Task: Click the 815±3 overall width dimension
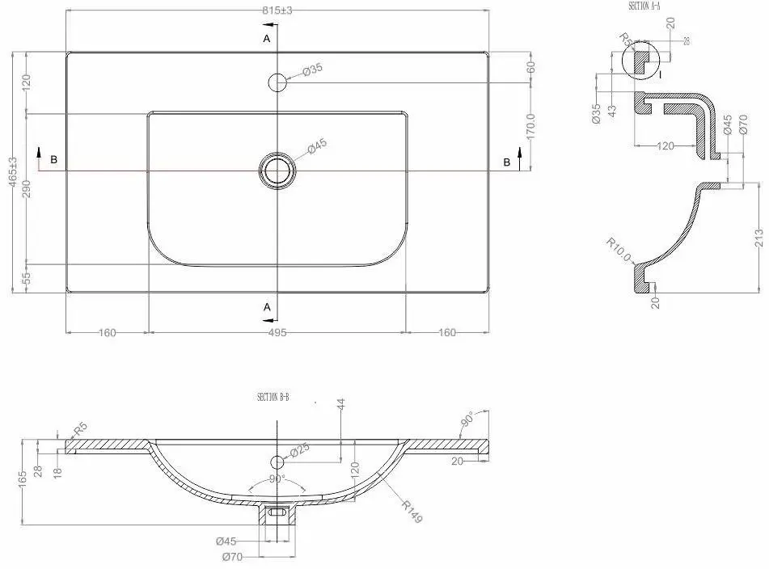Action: (x=277, y=11)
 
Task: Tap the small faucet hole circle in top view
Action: (x=277, y=81)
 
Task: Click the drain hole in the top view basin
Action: (x=277, y=171)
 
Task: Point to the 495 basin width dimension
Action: (x=277, y=332)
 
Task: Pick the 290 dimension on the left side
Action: (x=27, y=188)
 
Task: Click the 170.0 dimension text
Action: (x=531, y=126)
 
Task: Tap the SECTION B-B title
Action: (x=273, y=397)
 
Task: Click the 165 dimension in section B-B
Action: (x=23, y=482)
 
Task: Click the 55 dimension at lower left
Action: (x=27, y=278)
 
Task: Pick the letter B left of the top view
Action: (x=53, y=160)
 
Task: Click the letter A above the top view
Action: (x=266, y=38)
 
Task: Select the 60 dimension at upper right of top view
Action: (x=531, y=67)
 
